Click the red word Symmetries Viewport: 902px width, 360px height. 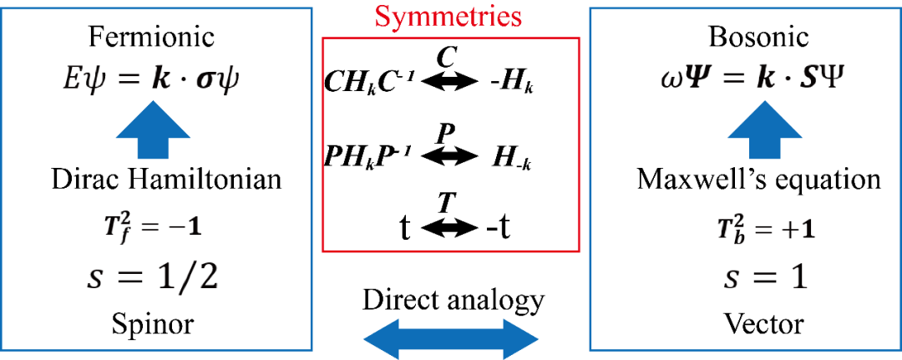(x=448, y=17)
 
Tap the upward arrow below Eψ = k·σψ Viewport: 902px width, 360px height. (x=152, y=131)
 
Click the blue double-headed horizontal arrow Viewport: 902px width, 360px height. (x=451, y=339)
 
